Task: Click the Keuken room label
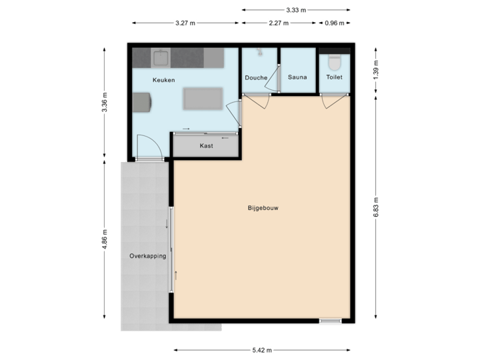pyautogui.click(x=163, y=80)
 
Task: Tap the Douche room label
pyautogui.click(x=256, y=77)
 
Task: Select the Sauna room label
pyautogui.click(x=297, y=77)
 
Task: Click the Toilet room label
pyautogui.click(x=334, y=77)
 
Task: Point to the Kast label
pyautogui.click(x=207, y=145)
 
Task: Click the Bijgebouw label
pyautogui.click(x=263, y=208)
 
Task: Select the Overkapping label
pyautogui.click(x=147, y=255)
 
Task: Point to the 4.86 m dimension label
pyautogui.click(x=105, y=240)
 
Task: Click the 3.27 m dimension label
pyautogui.click(x=185, y=23)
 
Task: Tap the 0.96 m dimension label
pyautogui.click(x=334, y=23)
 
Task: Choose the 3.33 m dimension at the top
pyautogui.click(x=295, y=10)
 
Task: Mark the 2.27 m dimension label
pyautogui.click(x=279, y=23)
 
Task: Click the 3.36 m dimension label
pyautogui.click(x=105, y=103)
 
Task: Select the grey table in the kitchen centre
pyautogui.click(x=203, y=99)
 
